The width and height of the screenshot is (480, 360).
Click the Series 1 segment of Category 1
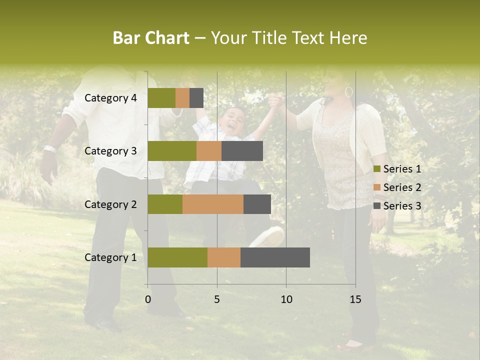177,257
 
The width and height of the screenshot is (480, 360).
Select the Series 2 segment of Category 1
224,257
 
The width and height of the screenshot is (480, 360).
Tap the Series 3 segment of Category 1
275,257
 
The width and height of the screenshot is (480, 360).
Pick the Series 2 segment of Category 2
213,204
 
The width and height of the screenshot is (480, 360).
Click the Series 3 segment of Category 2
257,204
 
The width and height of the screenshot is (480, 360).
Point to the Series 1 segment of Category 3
172,151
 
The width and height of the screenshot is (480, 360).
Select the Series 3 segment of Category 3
242,151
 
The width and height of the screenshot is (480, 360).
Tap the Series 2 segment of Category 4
182,98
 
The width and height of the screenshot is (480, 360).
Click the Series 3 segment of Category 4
196,98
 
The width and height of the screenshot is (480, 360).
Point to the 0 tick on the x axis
148,299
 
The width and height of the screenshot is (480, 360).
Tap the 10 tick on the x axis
286,299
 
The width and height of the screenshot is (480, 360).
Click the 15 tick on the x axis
355,299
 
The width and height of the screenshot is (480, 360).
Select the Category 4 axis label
110,98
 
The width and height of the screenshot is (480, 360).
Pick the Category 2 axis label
110,204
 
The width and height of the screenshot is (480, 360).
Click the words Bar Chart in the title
151,38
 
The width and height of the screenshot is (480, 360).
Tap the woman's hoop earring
348,91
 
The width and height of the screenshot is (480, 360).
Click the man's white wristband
49,148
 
